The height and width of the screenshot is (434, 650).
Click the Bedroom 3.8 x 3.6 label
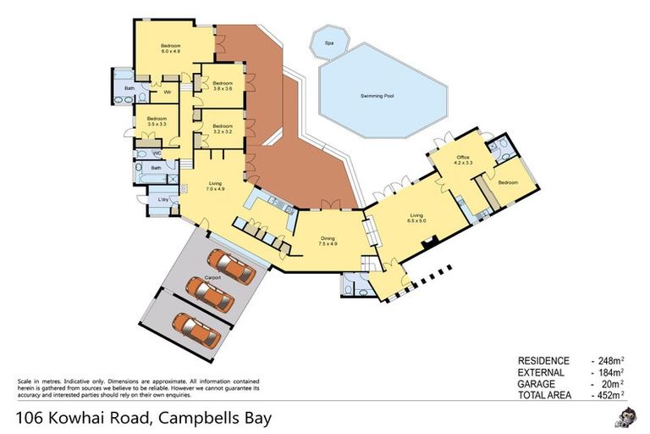[x=223, y=86]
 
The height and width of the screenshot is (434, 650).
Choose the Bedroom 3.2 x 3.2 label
[x=223, y=129]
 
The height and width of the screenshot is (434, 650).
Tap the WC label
[x=157, y=153]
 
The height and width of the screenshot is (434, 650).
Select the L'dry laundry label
[x=162, y=199]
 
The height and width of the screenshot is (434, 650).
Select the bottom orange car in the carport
[x=196, y=327]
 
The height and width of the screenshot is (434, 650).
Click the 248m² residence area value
[x=609, y=361]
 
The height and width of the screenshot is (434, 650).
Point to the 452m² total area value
[x=609, y=394]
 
